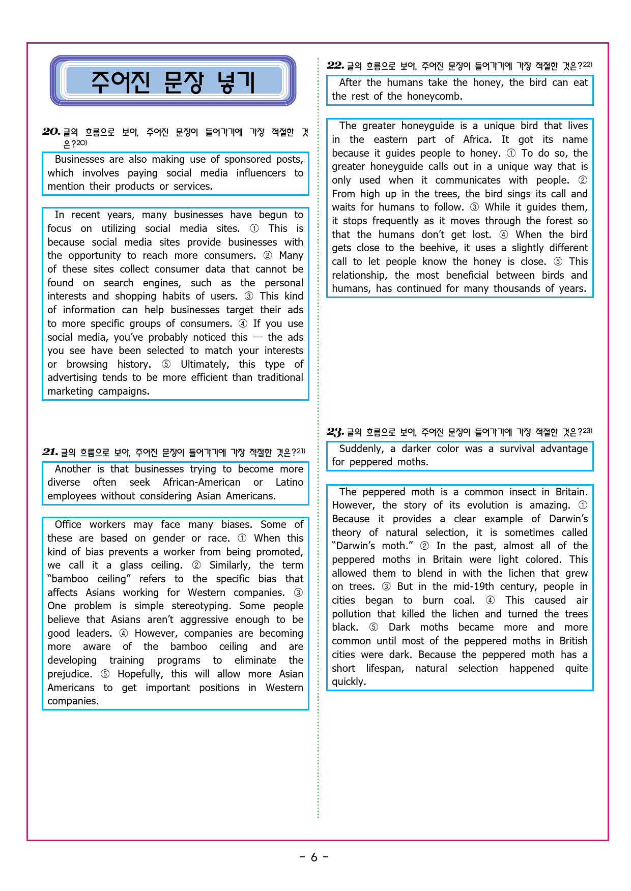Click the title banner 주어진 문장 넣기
173,81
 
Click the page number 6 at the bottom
314,857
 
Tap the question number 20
51,132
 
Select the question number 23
335,432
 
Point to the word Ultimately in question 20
205,364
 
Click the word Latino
289,482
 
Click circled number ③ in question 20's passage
249,296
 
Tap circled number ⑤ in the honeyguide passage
558,262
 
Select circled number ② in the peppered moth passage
424,546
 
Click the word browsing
87,364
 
